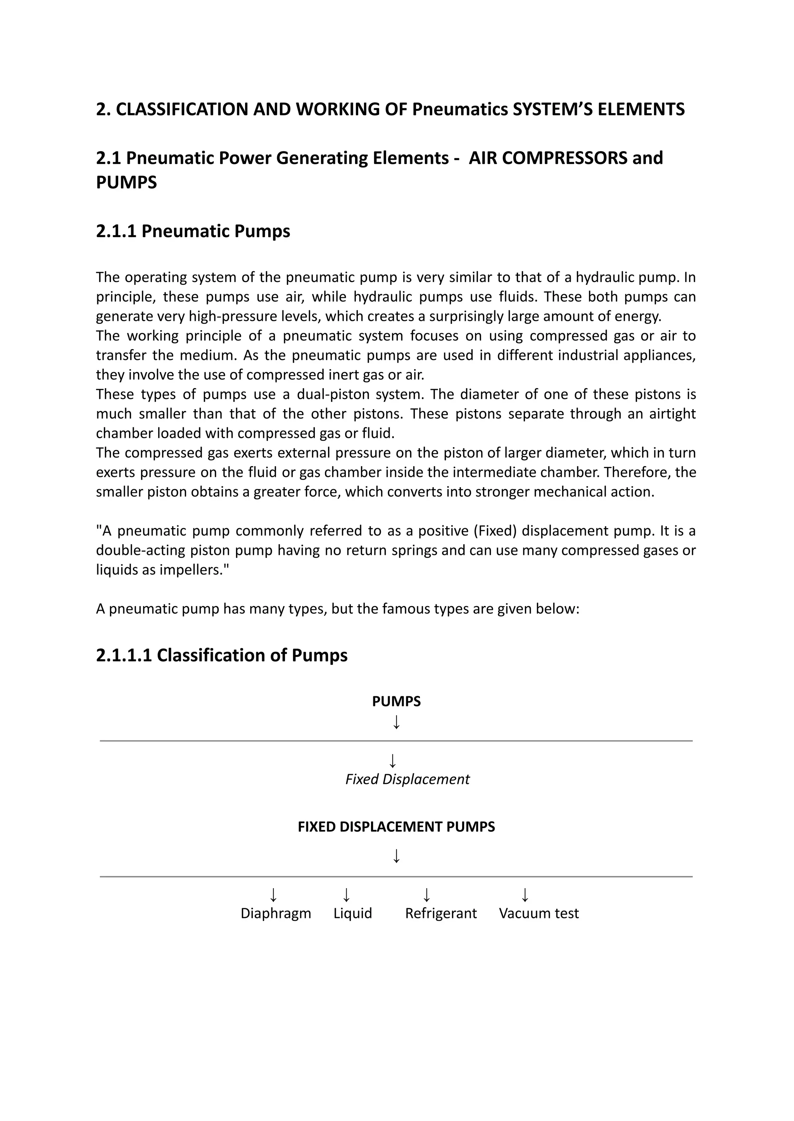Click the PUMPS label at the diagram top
coord(396,701)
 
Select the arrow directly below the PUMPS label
coord(397,722)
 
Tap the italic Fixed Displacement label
coord(407,779)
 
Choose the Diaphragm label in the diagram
coord(276,913)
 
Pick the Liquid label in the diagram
coord(352,913)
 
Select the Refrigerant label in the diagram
coord(440,913)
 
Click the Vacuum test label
coord(539,913)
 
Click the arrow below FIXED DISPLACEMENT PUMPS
coord(397,856)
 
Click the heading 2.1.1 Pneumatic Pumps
coord(193,231)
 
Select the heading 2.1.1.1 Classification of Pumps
coord(221,655)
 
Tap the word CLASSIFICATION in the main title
coord(182,109)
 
